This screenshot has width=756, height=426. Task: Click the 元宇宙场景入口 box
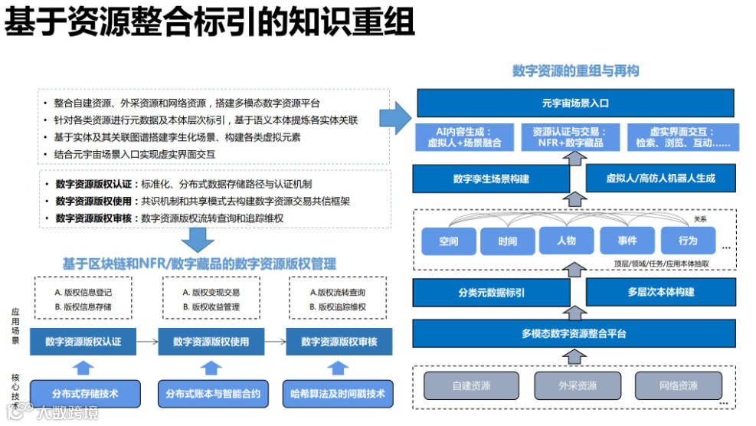[575, 103]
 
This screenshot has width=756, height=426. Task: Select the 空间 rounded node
[449, 241]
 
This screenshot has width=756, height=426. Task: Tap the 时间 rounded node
[507, 241]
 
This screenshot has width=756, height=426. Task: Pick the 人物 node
[567, 241]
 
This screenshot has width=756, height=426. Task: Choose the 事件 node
[627, 241]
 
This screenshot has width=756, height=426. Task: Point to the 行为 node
[688, 241]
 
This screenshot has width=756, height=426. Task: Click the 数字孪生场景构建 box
[491, 179]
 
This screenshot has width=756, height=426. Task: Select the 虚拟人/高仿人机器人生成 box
[660, 179]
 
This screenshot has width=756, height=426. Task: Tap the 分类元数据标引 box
[491, 293]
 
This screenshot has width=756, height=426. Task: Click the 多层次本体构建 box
[660, 293]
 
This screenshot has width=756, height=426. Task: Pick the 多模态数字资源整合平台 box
[575, 333]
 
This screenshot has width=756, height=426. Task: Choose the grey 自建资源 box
[471, 385]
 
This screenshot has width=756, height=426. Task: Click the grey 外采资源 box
[576, 385]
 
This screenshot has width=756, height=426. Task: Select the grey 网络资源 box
[678, 385]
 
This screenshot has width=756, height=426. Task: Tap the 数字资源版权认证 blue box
[83, 342]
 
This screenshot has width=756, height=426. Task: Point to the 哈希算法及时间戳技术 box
[338, 395]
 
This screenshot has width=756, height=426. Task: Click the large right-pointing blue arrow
[396, 116]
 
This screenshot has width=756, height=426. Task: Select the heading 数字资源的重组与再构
[575, 71]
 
